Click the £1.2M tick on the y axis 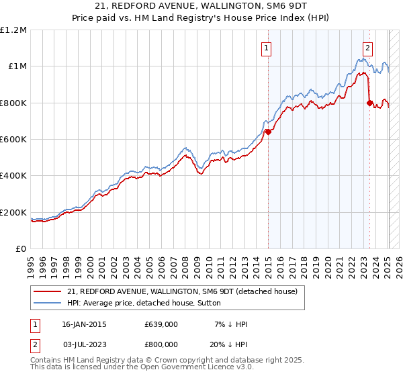pos(15,30)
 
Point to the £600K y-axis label pos(13,140)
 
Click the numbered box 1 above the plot pos(267,48)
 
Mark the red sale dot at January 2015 pos(268,132)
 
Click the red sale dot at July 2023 pos(369,103)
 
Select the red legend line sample pos(48,291)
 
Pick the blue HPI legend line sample pos(48,303)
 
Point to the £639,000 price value pos(161,324)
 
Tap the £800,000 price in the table pos(161,344)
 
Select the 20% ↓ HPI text pos(228,344)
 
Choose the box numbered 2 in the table pos(36,344)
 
